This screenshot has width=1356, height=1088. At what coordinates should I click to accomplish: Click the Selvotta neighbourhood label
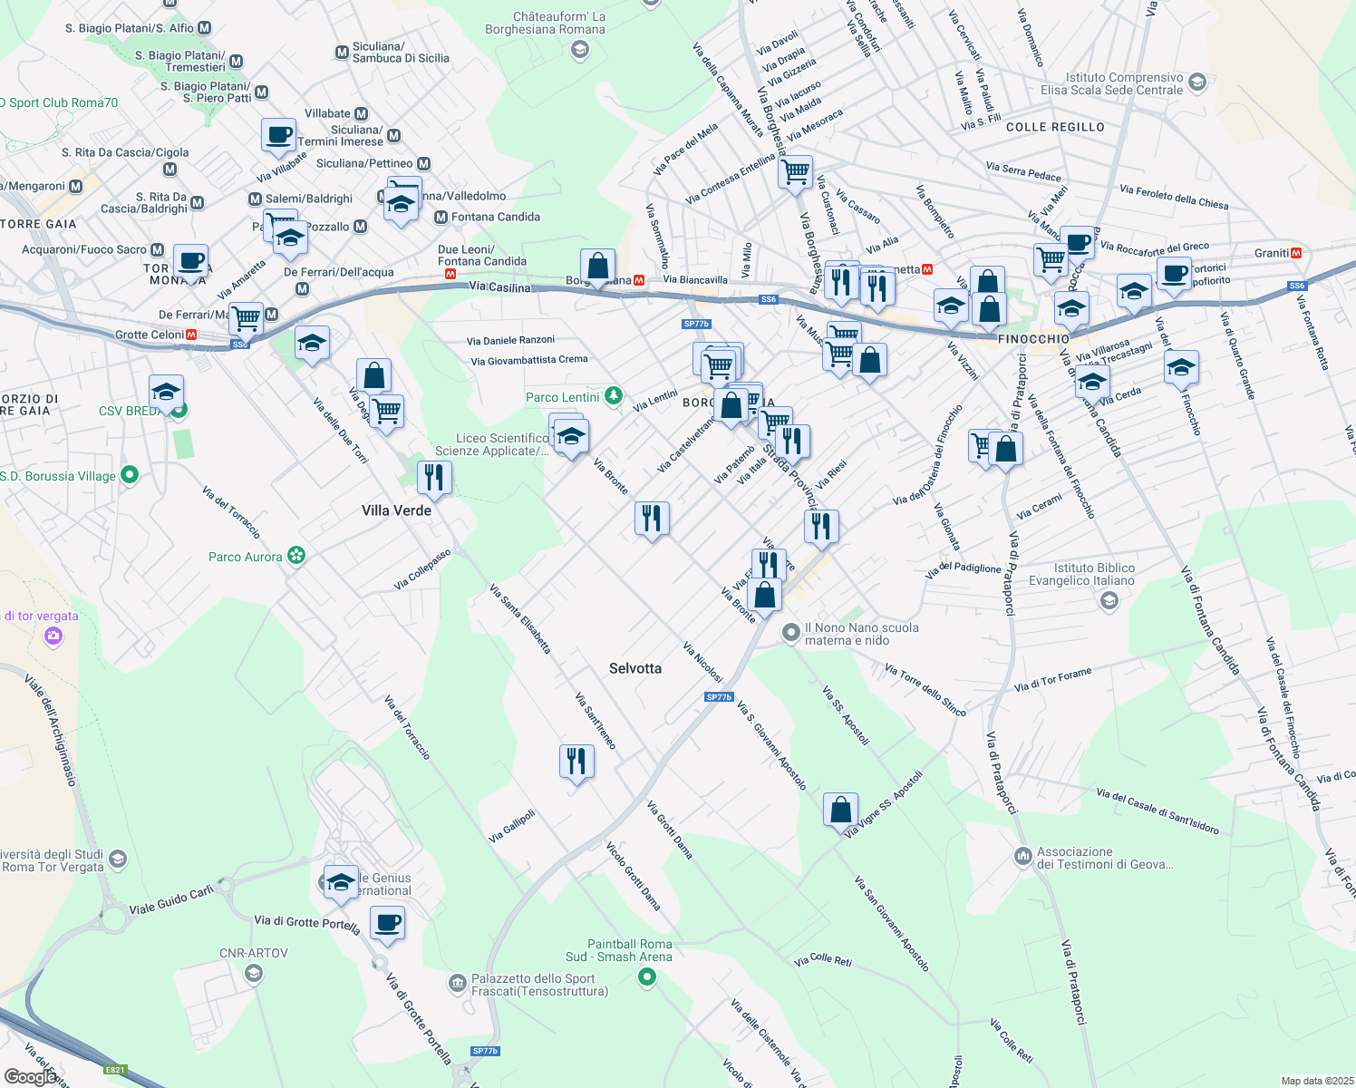point(635,668)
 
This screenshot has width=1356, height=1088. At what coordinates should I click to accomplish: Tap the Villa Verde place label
point(396,510)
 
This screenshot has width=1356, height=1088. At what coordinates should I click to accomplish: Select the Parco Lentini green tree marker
point(614,395)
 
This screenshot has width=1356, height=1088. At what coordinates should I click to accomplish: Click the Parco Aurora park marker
point(296,556)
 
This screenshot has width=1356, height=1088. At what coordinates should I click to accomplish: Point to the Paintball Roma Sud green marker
point(646,976)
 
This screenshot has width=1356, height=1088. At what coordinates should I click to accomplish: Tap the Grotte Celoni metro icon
point(191,335)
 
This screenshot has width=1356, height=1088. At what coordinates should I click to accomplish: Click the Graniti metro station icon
point(1296,253)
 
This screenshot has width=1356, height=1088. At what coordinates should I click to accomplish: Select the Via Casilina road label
point(499,287)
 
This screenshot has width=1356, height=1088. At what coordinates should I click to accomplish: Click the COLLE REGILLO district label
point(1055,127)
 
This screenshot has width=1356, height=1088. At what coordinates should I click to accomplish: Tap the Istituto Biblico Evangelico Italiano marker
point(1109,600)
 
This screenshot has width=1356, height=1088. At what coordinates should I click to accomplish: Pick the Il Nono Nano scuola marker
point(791,633)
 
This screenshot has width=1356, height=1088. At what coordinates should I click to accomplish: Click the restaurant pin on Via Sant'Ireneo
point(576,762)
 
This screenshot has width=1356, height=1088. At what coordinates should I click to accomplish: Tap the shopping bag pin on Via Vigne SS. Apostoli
point(840,809)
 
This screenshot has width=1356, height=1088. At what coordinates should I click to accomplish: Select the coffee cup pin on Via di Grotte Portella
point(387,923)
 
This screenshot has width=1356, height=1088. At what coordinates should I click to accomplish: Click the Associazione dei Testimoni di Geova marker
point(1023,855)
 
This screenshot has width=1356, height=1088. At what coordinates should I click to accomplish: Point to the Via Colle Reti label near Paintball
point(823,959)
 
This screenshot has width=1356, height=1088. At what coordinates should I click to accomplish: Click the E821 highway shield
point(115,1070)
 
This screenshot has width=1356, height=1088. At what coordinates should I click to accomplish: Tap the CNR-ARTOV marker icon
point(254,974)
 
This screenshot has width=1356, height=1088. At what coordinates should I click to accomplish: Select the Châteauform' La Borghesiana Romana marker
point(579,49)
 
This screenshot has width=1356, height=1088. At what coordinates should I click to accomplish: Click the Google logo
point(30,1076)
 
